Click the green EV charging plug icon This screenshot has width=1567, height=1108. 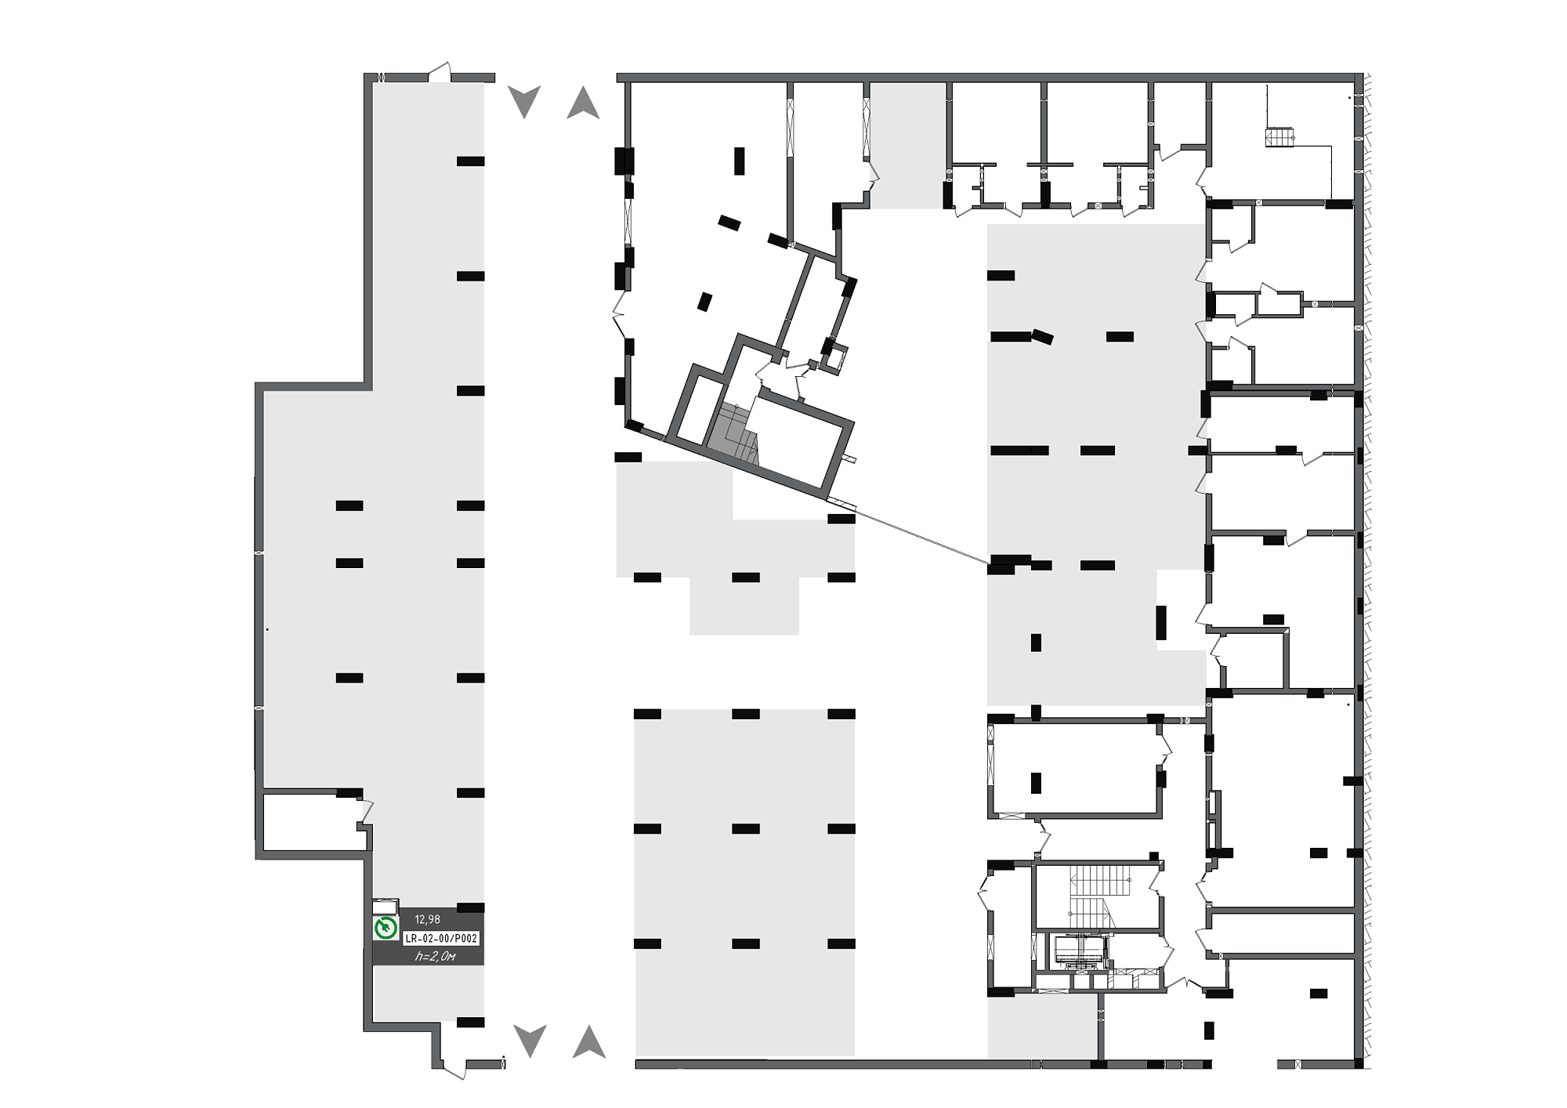(385, 929)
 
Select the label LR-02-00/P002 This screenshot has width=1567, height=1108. (441, 938)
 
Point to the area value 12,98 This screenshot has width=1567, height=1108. (428, 919)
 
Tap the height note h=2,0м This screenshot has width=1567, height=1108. (436, 956)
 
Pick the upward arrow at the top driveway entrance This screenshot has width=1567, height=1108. (583, 102)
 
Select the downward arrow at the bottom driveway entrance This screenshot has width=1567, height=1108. (530, 1041)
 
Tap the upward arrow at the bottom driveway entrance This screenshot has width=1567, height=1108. (589, 1041)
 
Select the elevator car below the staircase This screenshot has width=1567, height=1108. (1080, 950)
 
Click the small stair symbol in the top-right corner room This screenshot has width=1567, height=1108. (1279, 136)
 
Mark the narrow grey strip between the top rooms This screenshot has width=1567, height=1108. (908, 146)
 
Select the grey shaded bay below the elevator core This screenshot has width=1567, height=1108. (1041, 1027)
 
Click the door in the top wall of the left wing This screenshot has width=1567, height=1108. (440, 72)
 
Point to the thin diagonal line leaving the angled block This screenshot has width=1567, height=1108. (921, 537)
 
